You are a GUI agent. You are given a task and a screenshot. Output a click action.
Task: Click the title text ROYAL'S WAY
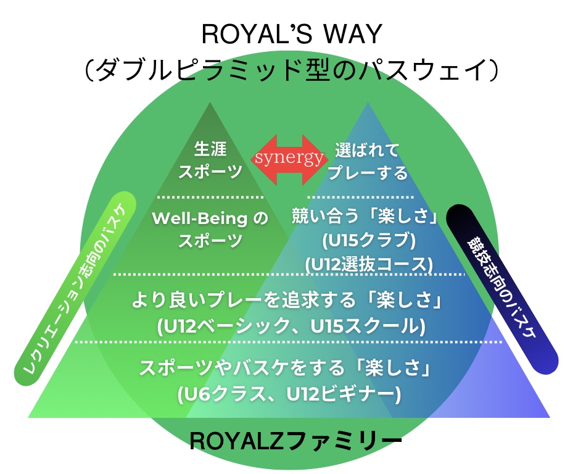pyautogui.click(x=289, y=36)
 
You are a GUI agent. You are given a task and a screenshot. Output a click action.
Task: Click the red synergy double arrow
pyautogui.click(x=288, y=159)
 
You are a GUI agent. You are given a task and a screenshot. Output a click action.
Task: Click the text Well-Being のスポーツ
pyautogui.click(x=210, y=230)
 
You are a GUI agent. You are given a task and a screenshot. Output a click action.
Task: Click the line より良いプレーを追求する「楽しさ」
pyautogui.click(x=289, y=302)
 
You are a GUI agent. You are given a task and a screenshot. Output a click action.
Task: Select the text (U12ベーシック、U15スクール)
pyautogui.click(x=289, y=325)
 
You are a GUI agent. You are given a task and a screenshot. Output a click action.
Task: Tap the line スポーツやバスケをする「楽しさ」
pyautogui.click(x=289, y=370)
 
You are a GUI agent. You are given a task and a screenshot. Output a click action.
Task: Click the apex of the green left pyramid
pyautogui.click(x=210, y=103)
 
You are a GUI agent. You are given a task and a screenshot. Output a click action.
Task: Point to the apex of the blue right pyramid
pyautogui.click(x=368, y=103)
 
